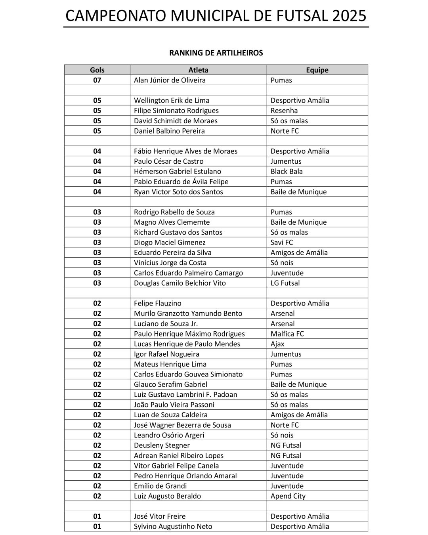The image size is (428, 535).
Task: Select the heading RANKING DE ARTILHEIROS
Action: tap(216, 53)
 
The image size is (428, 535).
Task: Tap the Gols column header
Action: tap(97, 70)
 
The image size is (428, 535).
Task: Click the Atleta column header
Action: tap(198, 70)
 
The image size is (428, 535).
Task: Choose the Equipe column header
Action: tap(317, 70)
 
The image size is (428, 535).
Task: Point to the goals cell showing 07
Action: tap(97, 80)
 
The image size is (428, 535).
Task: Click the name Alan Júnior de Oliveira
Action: tap(170, 80)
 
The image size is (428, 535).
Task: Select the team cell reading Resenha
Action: tap(284, 111)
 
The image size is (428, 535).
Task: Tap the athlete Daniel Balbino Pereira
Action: tap(169, 131)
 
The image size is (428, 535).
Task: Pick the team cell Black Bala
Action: tap(287, 171)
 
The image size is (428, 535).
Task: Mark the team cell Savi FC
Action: tap(282, 242)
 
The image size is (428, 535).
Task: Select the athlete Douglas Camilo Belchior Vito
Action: tap(180, 283)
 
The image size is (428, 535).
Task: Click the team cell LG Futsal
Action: tap(285, 283)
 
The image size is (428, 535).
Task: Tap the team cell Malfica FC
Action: tap(287, 334)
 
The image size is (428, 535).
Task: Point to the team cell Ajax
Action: tap(277, 344)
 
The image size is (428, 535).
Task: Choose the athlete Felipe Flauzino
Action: tap(158, 303)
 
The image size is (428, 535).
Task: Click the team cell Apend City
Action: tap(288, 496)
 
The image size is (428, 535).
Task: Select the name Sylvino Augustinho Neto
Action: tap(173, 526)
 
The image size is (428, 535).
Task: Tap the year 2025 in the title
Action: tap(350, 16)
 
